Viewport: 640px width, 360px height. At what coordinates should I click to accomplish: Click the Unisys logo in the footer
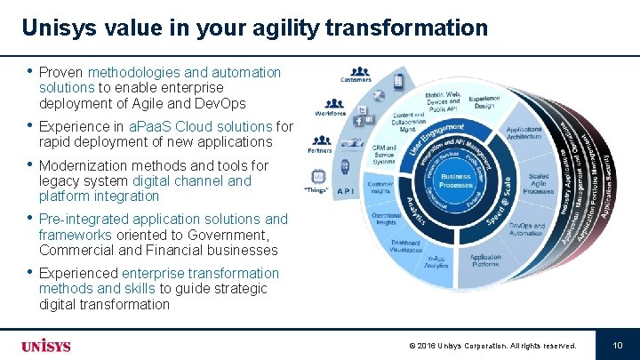[x=45, y=346]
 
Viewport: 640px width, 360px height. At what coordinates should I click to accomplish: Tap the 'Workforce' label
[x=331, y=113]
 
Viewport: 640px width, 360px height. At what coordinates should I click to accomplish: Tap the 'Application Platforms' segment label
[x=485, y=260]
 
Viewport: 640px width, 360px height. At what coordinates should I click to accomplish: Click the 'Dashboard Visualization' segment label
[x=404, y=247]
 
